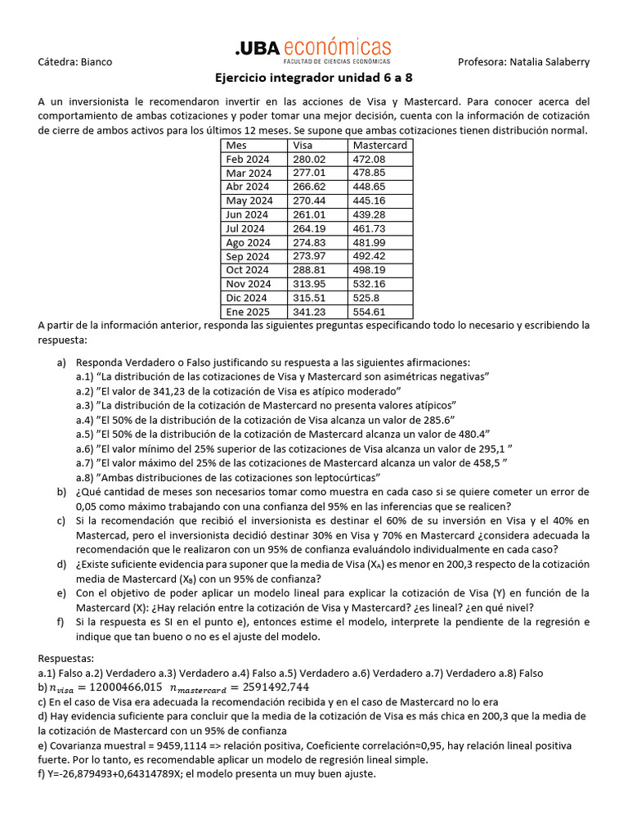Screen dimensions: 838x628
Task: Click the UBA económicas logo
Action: pyautogui.click(x=314, y=52)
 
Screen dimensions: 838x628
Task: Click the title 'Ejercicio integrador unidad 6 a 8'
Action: pyautogui.click(x=314, y=79)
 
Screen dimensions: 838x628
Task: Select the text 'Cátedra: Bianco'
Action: pyautogui.click(x=75, y=61)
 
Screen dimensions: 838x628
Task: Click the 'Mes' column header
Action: pyautogui.click(x=235, y=146)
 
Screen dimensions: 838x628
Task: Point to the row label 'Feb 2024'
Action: pyautogui.click(x=248, y=159)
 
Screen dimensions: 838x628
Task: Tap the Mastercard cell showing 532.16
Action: pyautogui.click(x=369, y=284)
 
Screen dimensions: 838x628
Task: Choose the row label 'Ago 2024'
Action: pyautogui.click(x=249, y=242)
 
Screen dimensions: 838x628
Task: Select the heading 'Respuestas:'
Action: pyautogui.click(x=66, y=658)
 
